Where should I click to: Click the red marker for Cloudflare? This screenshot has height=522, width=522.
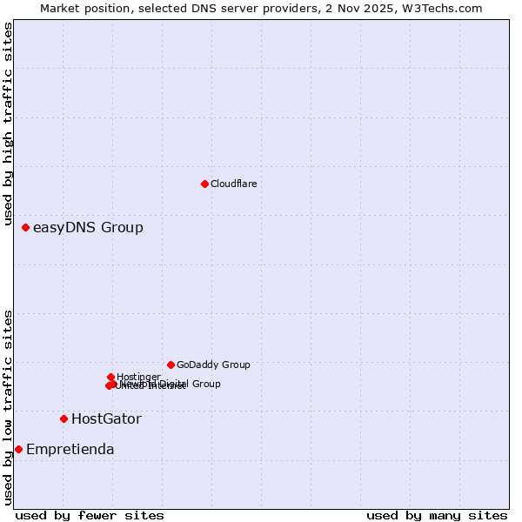pos(204,184)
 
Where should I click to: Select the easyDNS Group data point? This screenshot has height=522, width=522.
pos(25,227)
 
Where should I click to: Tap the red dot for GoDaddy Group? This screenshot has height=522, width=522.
pos(171,365)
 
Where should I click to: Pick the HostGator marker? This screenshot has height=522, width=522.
pos(64,418)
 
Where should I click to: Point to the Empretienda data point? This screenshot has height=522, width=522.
pos(18,449)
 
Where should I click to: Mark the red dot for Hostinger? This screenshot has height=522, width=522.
pos(110,377)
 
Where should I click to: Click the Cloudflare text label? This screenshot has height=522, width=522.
pos(234,184)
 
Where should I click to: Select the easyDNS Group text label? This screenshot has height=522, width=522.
pos(88,228)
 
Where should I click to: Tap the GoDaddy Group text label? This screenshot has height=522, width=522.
pos(213,365)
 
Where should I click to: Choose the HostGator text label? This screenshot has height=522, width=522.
pos(106,419)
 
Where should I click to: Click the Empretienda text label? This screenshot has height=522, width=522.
pos(70,450)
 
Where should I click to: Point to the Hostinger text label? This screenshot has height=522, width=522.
pos(138,377)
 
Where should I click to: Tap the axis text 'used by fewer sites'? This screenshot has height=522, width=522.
pos(90,515)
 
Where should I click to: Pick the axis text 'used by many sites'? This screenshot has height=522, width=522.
pos(437,515)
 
